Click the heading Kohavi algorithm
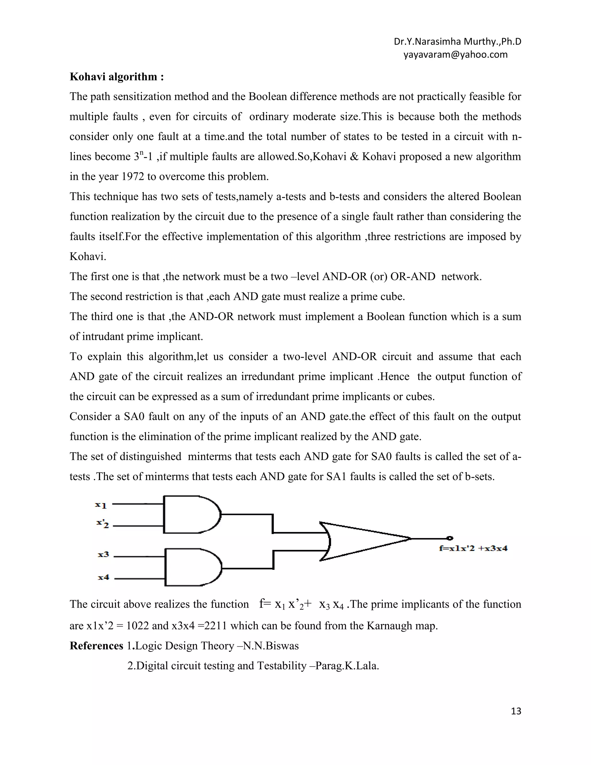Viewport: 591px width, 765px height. [117, 77]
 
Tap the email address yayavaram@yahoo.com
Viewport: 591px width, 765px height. [455, 55]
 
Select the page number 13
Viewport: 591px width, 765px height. [516, 711]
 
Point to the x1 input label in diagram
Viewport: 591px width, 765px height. [101, 505]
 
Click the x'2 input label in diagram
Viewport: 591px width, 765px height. [102, 524]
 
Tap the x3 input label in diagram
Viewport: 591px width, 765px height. [103, 555]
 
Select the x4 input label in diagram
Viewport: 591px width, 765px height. [103, 577]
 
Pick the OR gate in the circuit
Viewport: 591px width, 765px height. [361, 541]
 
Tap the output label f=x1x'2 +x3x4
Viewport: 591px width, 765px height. [473, 548]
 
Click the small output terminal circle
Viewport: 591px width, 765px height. [450, 538]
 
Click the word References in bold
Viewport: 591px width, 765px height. [96, 646]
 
